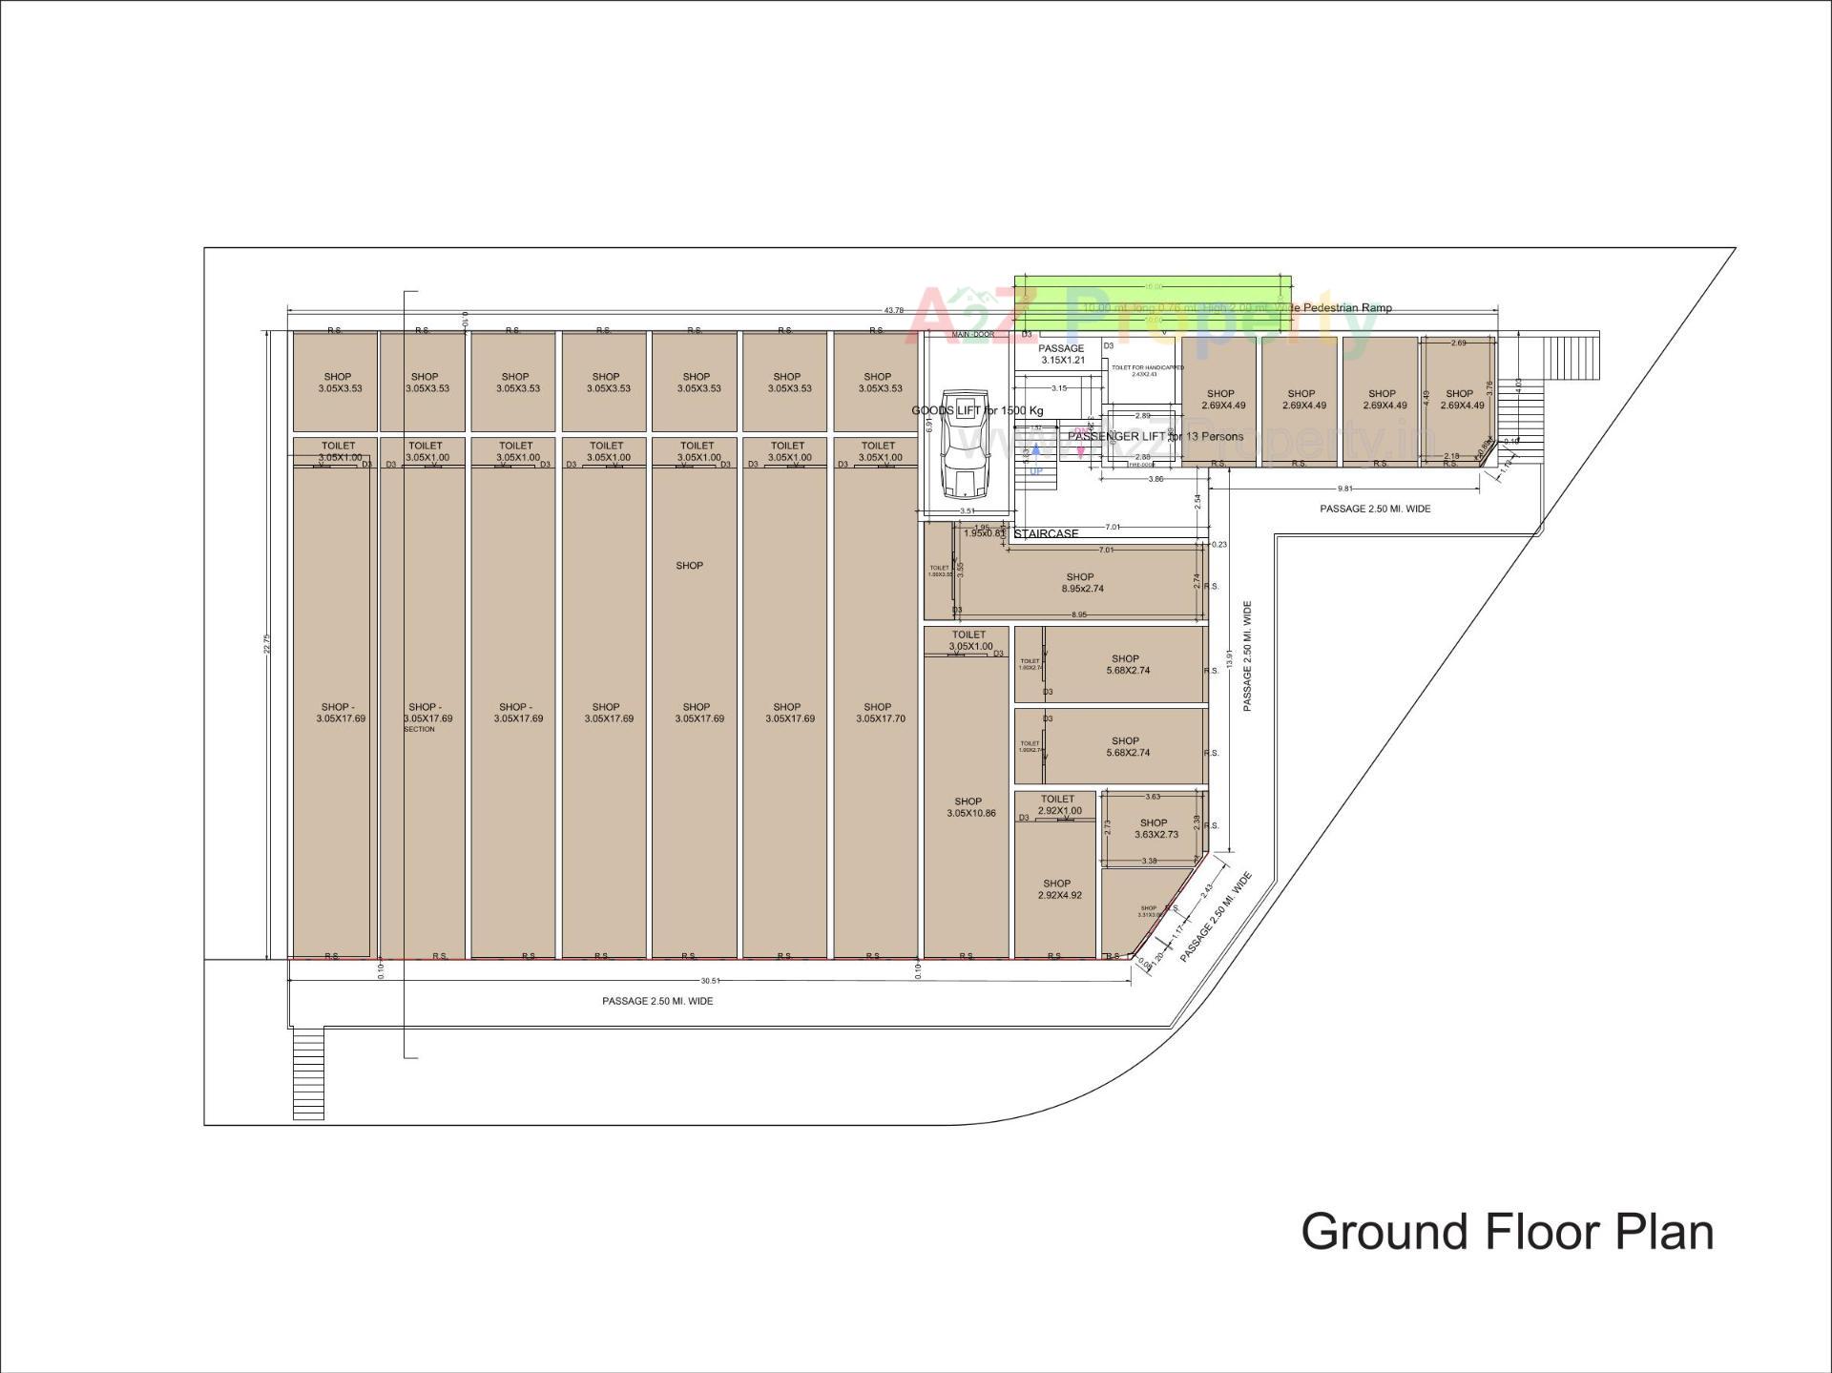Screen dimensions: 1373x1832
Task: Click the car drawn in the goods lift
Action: (x=964, y=444)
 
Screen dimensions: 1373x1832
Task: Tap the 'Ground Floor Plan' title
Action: (x=1507, y=1232)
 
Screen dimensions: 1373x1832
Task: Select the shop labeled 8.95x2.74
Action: (x=1081, y=583)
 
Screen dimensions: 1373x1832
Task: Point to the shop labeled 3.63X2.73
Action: (x=1155, y=828)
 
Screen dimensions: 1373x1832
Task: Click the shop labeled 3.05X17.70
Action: (x=879, y=713)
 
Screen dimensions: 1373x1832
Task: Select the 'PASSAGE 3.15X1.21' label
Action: (x=1062, y=354)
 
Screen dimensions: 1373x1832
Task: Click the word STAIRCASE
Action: (x=1046, y=534)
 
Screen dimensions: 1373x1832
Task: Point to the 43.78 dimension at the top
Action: (x=894, y=310)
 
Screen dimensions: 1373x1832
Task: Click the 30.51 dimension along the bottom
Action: (x=710, y=981)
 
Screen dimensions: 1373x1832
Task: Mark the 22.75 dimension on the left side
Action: (x=268, y=644)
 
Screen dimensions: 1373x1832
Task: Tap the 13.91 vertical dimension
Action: (x=1229, y=658)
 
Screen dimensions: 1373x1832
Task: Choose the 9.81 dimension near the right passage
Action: (x=1345, y=489)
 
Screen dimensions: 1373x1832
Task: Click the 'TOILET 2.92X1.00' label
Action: (x=1058, y=805)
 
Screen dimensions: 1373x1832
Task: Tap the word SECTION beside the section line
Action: (x=419, y=729)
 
